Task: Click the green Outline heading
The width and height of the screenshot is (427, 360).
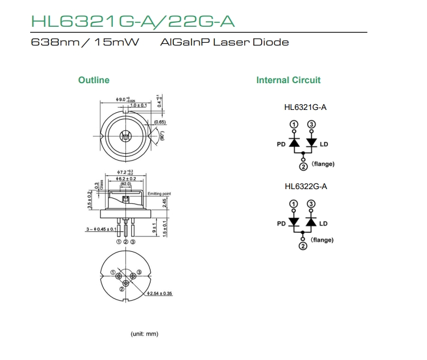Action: coord(93,80)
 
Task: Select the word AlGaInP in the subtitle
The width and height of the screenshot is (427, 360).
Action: coord(181,42)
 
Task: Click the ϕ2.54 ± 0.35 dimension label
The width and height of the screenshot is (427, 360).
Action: coord(160,293)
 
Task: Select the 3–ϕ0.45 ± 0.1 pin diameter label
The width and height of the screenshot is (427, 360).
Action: coord(101,229)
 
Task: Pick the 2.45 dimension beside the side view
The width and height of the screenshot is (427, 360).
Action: coord(164,202)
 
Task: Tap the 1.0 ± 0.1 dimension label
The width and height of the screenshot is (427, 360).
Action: coord(138,105)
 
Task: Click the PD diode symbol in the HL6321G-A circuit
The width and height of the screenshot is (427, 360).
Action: coord(294,142)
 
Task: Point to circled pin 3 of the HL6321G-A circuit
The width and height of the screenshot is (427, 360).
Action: coord(311,124)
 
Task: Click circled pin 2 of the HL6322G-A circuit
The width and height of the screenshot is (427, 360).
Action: coord(303,246)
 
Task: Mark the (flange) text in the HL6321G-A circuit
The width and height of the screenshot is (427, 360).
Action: coord(323,164)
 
